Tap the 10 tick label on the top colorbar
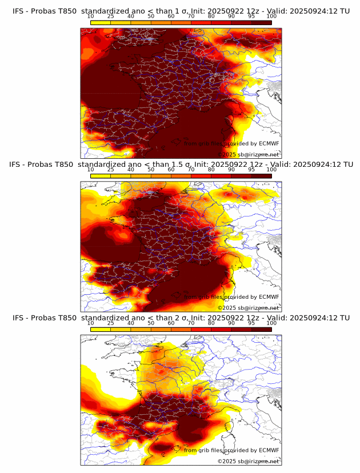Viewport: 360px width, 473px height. [90, 16]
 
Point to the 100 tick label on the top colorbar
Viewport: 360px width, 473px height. [271, 16]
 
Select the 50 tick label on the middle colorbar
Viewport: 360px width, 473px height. [151, 170]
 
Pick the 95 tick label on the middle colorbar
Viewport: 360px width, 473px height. [251, 170]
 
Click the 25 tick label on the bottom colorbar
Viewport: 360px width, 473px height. [110, 323]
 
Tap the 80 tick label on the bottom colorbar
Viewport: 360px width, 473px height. [211, 323]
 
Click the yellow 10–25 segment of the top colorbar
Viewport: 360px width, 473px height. [101, 22]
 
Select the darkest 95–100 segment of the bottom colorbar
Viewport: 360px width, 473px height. [262, 330]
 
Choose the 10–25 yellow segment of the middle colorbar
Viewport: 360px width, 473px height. [101, 176]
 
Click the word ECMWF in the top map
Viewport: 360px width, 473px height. [269, 143]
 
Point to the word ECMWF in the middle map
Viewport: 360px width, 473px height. [269, 297]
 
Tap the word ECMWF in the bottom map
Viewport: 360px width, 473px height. [269, 451]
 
